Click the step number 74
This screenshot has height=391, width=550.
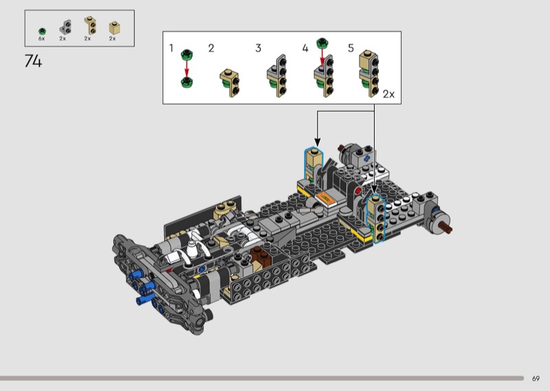(33, 61)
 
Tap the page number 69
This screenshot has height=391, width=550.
(536, 379)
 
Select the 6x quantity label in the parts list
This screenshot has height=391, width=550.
(41, 39)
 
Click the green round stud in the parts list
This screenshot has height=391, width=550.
(42, 31)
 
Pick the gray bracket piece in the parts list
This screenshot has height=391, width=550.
(65, 27)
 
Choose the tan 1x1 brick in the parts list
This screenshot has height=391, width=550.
(114, 28)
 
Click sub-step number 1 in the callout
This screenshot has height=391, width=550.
(171, 47)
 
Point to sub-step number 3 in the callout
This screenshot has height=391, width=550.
(258, 48)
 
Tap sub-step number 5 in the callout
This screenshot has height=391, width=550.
(351, 48)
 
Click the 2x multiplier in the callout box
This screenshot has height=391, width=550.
(388, 94)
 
